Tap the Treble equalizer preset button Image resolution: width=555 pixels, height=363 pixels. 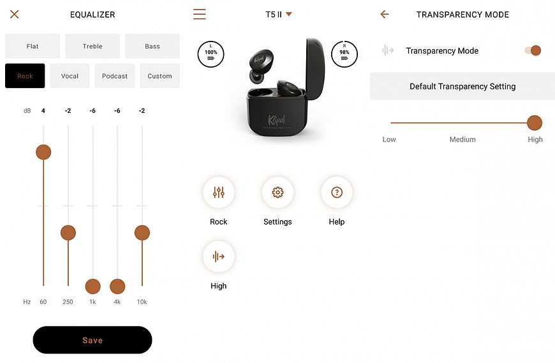coord(93,46)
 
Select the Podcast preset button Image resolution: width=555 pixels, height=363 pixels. coord(115,76)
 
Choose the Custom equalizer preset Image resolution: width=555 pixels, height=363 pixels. coord(159,76)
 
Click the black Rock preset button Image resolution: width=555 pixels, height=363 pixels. coord(25,76)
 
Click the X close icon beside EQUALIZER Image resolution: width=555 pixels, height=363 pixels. coord(15,14)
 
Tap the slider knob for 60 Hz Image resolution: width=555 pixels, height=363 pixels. coord(43,152)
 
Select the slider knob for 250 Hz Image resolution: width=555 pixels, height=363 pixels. coord(68,233)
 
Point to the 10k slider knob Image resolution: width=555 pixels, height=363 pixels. coord(142,233)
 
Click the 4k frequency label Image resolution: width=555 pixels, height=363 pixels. coord(117,302)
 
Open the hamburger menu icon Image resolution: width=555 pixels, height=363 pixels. coord(200,14)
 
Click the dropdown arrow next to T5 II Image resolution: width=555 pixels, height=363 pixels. coord(289,14)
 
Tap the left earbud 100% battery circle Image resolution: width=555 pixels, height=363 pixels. coord(211,54)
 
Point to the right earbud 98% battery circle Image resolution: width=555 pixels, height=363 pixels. coord(344,54)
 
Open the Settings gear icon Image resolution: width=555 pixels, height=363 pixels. coord(277,192)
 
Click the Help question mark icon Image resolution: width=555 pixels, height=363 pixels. coord(337,192)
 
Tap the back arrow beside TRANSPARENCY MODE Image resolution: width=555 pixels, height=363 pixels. coord(385,14)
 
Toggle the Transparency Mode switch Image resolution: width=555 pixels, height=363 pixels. coord(533,50)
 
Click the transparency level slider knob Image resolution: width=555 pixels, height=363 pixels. coord(535,122)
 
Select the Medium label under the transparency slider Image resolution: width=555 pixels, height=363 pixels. coord(463,140)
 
